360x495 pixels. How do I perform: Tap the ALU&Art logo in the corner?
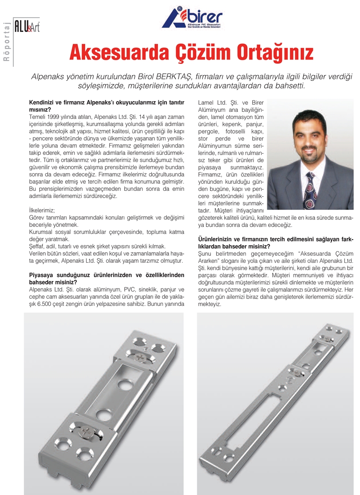click(27, 28)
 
